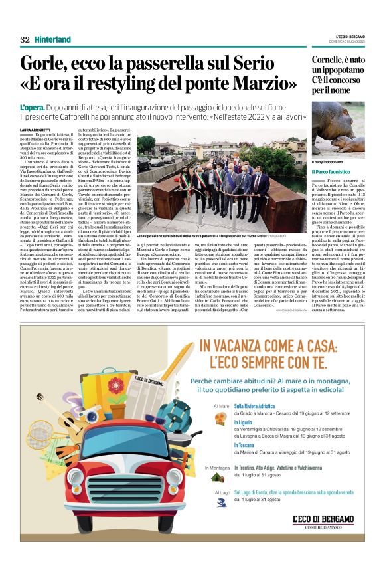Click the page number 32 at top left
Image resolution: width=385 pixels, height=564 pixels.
[25, 39]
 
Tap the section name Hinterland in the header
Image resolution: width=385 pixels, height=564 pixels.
[52, 39]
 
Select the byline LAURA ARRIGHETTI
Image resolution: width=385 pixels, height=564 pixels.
[35, 129]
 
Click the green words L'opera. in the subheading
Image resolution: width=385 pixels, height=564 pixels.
[33, 107]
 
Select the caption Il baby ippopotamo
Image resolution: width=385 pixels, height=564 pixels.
[328, 162]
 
